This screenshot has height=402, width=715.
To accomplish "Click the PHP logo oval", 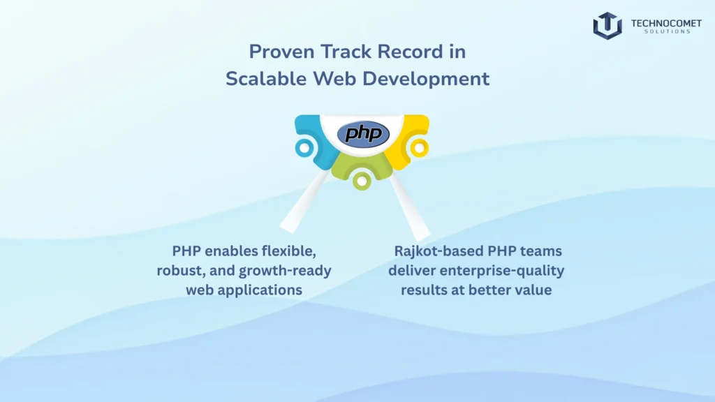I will pyautogui.click(x=362, y=133).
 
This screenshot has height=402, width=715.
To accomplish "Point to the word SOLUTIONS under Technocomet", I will pyautogui.click(x=663, y=32).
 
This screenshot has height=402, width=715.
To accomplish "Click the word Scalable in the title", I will pyautogui.click(x=257, y=79).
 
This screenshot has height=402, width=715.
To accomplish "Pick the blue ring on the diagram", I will pyautogui.click(x=304, y=147).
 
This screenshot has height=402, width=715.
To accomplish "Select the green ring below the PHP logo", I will pyautogui.click(x=362, y=181).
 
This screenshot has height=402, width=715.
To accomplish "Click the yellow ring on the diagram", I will pyautogui.click(x=418, y=147).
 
